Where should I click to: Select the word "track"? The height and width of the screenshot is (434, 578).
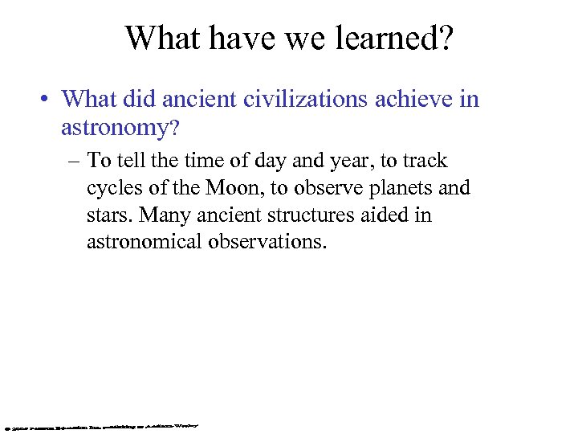[425, 160]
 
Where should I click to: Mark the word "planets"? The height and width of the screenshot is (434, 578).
[402, 188]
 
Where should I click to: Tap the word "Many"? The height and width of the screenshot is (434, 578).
[157, 215]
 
